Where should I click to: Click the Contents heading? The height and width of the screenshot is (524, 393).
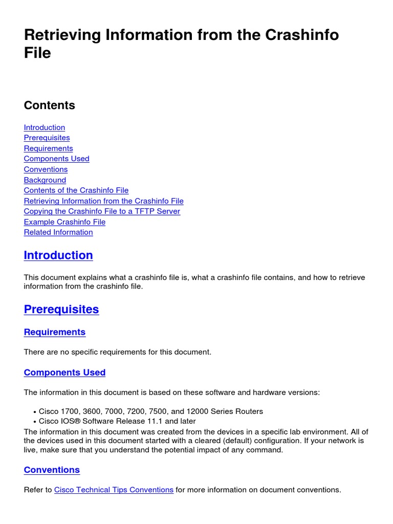[x=50, y=105]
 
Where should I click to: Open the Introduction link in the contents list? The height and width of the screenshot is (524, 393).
[x=45, y=127]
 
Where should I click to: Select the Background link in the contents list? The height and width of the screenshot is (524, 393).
[x=45, y=180]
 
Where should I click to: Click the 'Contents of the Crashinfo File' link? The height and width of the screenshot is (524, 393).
[x=76, y=190]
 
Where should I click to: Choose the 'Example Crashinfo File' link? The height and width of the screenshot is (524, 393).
[x=64, y=222]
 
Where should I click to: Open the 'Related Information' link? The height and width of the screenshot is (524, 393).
[x=58, y=232]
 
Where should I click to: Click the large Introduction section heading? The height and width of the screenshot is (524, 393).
[x=58, y=255]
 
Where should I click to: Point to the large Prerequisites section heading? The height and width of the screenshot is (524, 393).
[x=61, y=310]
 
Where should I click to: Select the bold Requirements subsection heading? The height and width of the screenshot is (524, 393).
[x=55, y=332]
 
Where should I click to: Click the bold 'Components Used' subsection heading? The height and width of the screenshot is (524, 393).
[x=64, y=373]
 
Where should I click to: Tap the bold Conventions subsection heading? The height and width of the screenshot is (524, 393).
[x=52, y=470]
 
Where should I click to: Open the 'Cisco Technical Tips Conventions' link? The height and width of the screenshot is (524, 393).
[x=114, y=490]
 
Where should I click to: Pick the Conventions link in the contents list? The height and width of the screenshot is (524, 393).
[x=46, y=169]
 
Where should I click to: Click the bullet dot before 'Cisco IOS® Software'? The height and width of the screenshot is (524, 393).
[x=34, y=422]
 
